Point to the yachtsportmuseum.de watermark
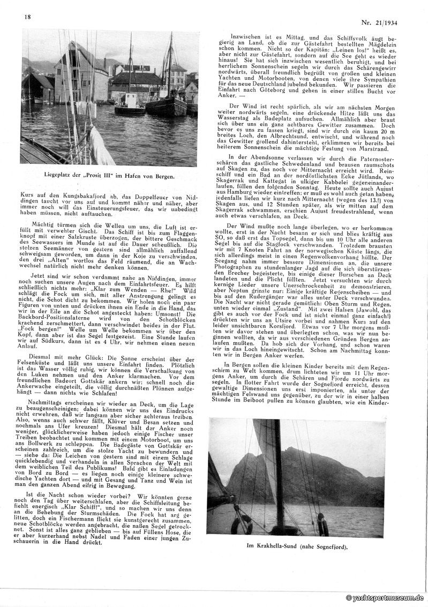[385, 597]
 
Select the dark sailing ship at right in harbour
[166, 102]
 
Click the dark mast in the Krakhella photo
[278, 471]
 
